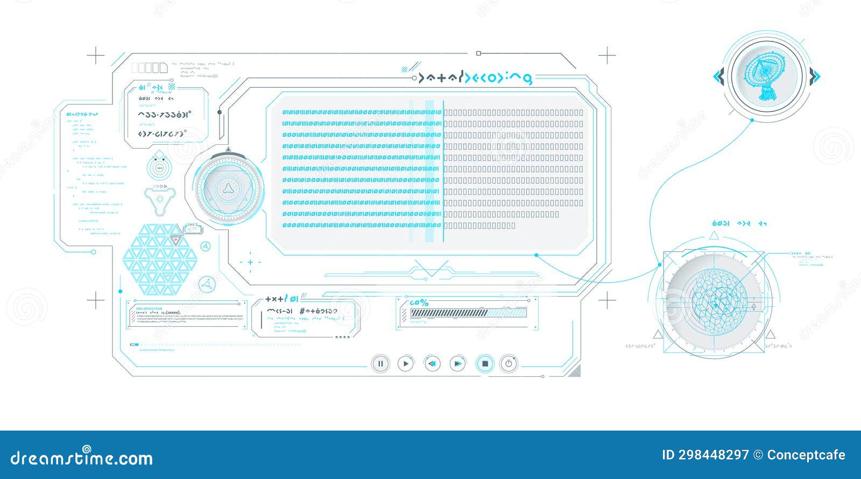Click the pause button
pyautogui.click(x=380, y=364)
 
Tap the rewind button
pyautogui.click(x=432, y=364)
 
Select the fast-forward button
pyautogui.click(x=457, y=364)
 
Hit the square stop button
pyautogui.click(x=485, y=364)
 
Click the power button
pyautogui.click(x=509, y=364)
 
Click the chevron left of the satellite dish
pyautogui.click(x=719, y=77)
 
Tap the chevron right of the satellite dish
pyautogui.click(x=815, y=77)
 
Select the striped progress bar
pyautogui.click(x=468, y=313)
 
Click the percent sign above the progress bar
pyautogui.click(x=424, y=302)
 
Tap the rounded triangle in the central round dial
pyautogui.click(x=228, y=187)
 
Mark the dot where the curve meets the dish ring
pyautogui.click(x=752, y=120)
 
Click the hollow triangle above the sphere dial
pyautogui.click(x=714, y=235)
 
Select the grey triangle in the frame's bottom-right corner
pyautogui.click(x=576, y=371)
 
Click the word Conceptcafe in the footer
pyautogui.click(x=806, y=455)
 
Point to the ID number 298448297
pyautogui.click(x=713, y=455)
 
